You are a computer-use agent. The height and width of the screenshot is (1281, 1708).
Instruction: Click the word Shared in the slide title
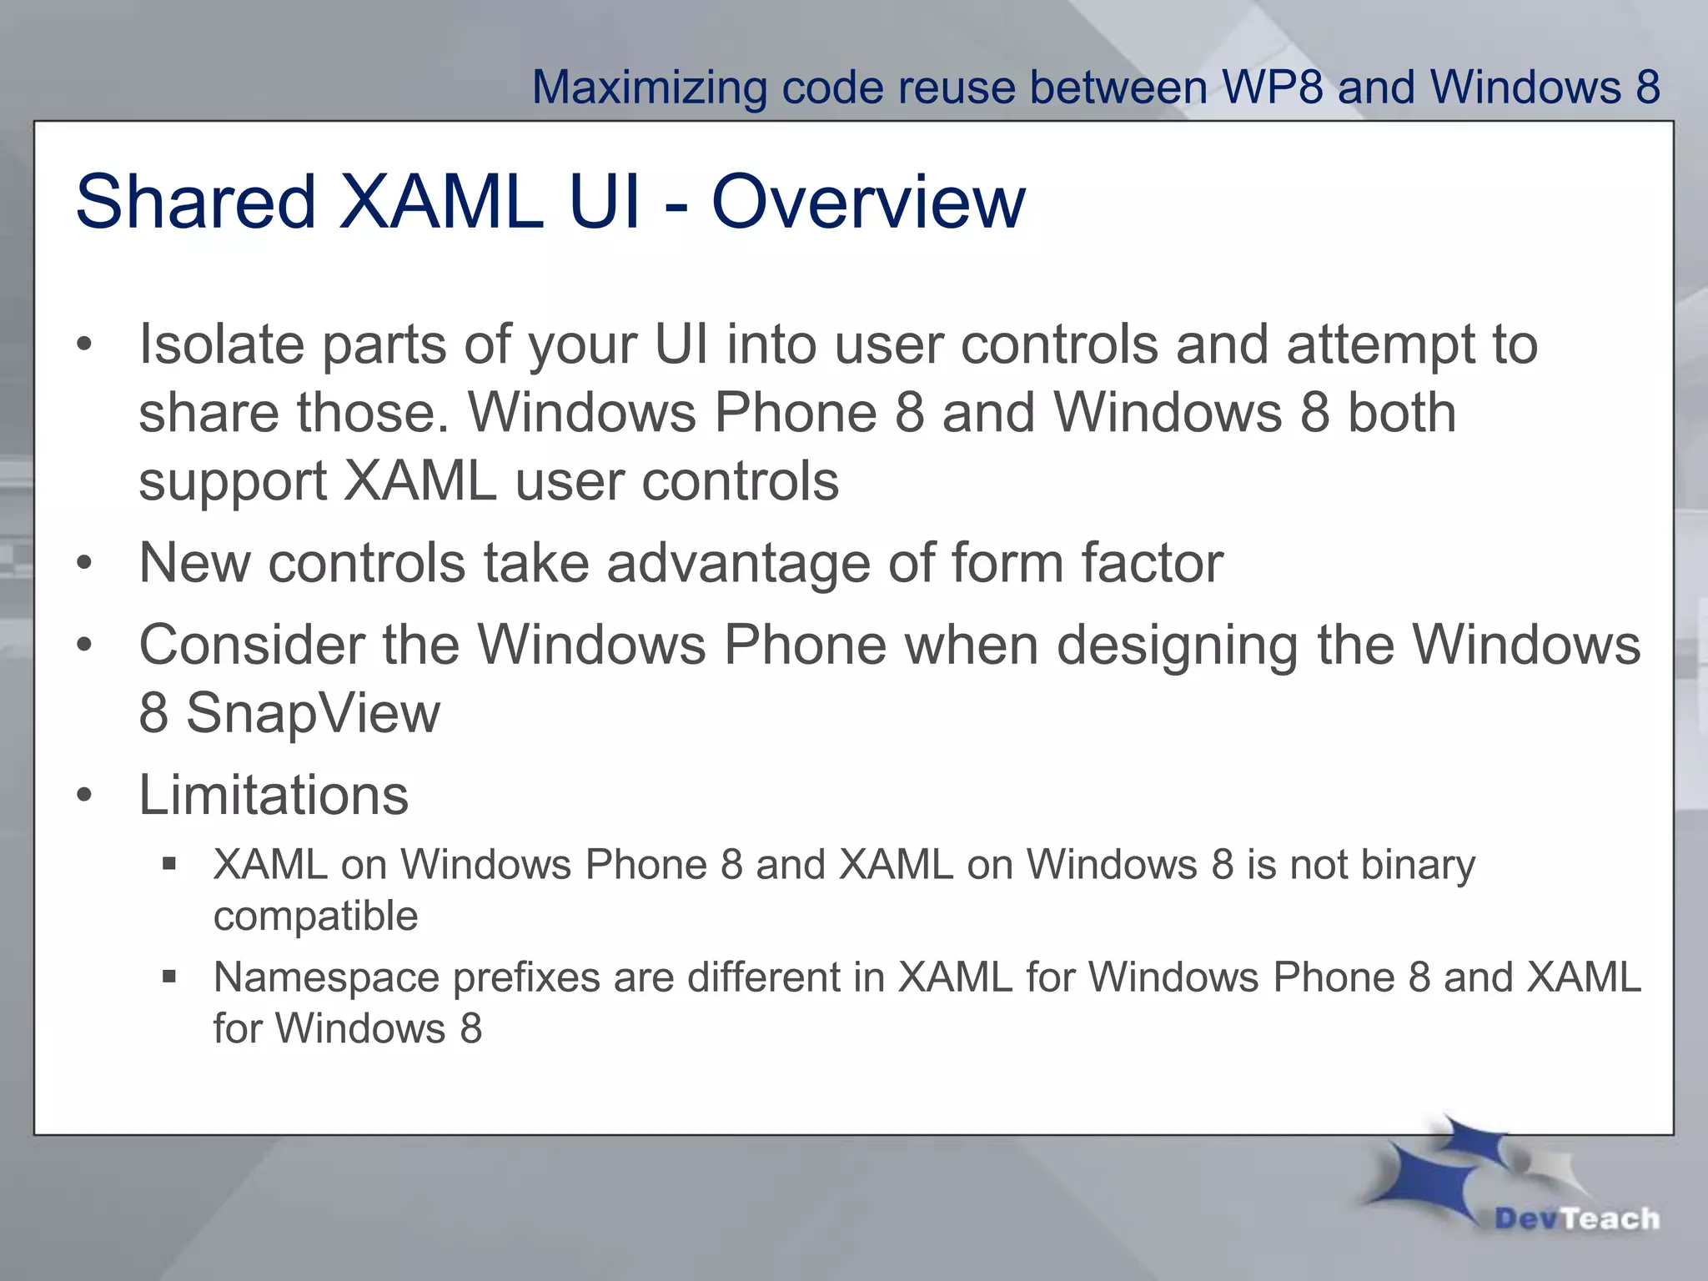(195, 202)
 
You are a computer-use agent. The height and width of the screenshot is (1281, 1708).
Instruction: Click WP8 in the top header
(1272, 87)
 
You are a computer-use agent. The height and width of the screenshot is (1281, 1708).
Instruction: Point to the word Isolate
(222, 344)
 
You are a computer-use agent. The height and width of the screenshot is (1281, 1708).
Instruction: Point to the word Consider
(252, 645)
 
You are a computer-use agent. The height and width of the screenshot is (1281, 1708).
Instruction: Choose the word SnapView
(312, 714)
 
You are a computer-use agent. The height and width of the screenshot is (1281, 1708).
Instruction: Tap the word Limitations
(274, 795)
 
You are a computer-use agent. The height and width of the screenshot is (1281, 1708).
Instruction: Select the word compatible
(315, 917)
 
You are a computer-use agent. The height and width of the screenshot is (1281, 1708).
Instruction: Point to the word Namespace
(326, 978)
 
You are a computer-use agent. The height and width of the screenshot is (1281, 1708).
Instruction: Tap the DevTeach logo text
(1576, 1218)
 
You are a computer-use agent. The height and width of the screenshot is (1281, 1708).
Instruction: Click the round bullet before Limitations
(83, 795)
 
